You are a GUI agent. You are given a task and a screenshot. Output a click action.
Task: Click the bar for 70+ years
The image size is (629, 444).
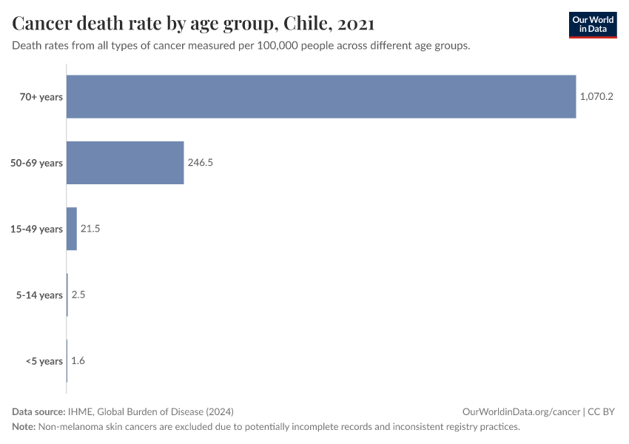(321, 97)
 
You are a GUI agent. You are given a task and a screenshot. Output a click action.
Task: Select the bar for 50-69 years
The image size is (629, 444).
(125, 163)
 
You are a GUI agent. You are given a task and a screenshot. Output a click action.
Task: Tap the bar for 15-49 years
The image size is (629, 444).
(72, 229)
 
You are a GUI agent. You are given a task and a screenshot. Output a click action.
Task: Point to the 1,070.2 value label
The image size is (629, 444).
(596, 97)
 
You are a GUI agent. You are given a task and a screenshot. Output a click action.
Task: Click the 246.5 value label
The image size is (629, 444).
(201, 163)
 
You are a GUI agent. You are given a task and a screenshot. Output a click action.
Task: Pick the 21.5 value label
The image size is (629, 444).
(90, 229)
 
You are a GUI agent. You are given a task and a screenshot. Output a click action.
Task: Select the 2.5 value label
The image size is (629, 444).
(79, 295)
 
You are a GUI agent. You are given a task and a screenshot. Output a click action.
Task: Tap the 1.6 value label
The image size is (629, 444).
(78, 361)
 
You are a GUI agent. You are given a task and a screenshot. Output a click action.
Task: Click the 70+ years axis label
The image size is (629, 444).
(41, 97)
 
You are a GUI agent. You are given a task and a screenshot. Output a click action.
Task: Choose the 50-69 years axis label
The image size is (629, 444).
(37, 163)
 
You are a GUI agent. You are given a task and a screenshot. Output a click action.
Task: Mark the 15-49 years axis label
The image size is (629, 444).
(37, 229)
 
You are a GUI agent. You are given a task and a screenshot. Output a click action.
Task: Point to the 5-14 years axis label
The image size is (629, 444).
(40, 295)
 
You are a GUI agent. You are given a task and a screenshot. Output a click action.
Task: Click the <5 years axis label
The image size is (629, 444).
(44, 361)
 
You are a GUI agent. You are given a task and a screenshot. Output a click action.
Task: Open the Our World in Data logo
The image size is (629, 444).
(592, 24)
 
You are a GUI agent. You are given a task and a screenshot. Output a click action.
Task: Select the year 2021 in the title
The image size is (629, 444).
(356, 24)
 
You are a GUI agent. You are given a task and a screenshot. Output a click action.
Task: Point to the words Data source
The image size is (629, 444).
(38, 411)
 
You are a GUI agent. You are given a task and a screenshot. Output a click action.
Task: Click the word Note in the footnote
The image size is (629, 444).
(24, 427)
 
